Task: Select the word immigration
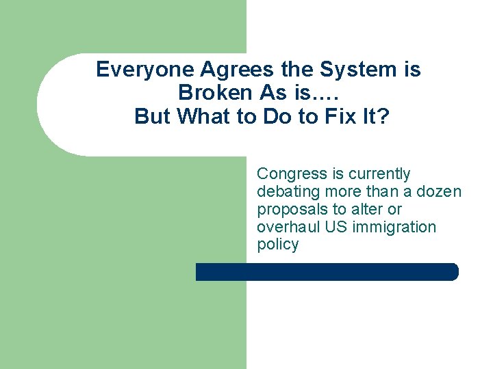coord(394,227)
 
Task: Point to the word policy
coord(277,245)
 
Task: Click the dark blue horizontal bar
coord(327,272)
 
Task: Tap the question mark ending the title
coord(383,117)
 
